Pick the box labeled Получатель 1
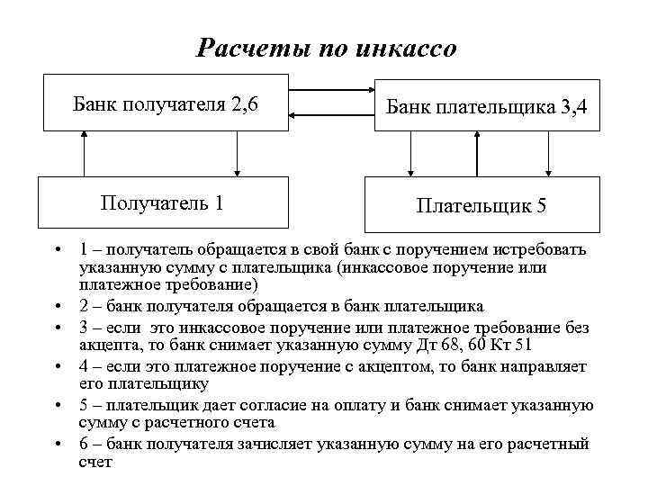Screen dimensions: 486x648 (x=163, y=202)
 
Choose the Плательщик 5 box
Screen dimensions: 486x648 (x=481, y=205)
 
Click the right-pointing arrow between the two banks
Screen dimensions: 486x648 (x=332, y=90)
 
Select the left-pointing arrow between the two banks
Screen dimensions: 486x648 (x=332, y=114)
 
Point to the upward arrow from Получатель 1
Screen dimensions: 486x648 (x=83, y=154)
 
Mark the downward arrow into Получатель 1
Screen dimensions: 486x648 (x=237, y=154)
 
